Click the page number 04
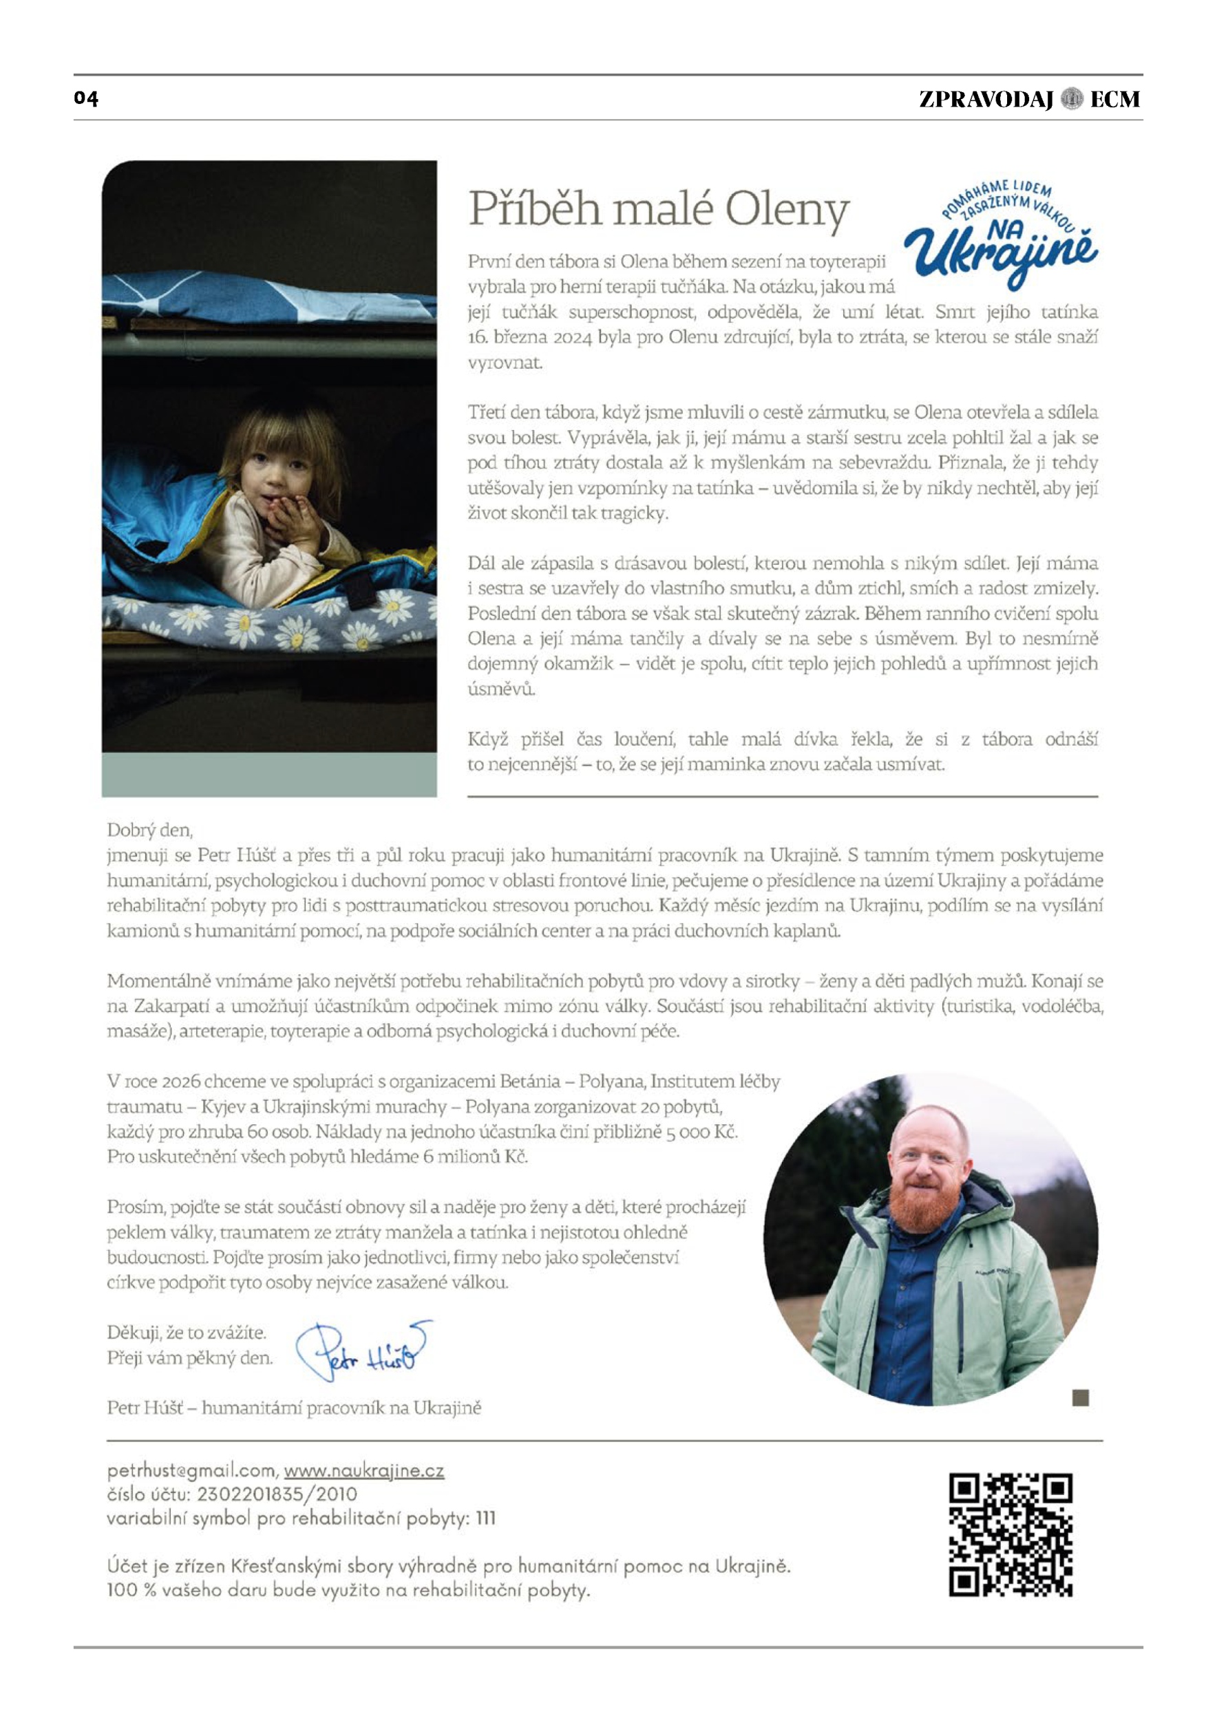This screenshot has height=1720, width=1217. click(86, 98)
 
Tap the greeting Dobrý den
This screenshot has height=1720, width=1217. click(150, 830)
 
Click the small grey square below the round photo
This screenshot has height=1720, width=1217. click(1080, 1397)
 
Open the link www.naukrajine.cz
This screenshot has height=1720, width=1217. click(363, 1470)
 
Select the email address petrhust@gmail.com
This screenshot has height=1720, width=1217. click(193, 1470)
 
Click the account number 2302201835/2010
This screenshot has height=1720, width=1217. click(277, 1494)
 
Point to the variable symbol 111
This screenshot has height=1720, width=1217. click(485, 1518)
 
